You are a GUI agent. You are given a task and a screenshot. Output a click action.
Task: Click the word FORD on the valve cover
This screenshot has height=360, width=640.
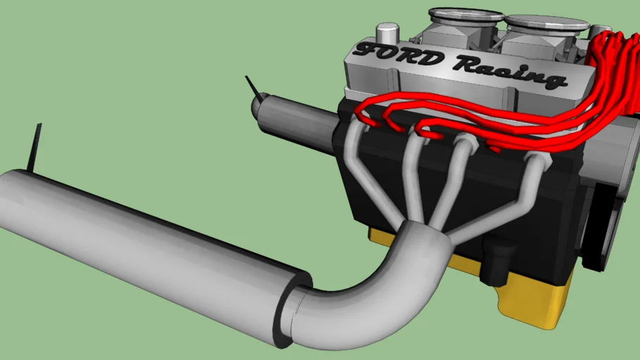click(x=399, y=54)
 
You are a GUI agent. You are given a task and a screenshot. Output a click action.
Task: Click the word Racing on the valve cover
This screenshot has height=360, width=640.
click(x=510, y=72)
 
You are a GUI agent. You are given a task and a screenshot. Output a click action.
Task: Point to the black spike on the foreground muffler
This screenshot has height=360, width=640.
click(x=35, y=146)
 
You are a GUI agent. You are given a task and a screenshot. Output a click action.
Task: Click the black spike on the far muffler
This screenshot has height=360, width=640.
click(x=253, y=87)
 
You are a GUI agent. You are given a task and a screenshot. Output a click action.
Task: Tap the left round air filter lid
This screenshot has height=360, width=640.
click(x=465, y=16)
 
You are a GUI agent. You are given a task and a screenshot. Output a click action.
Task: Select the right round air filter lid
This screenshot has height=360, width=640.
click(x=547, y=24)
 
